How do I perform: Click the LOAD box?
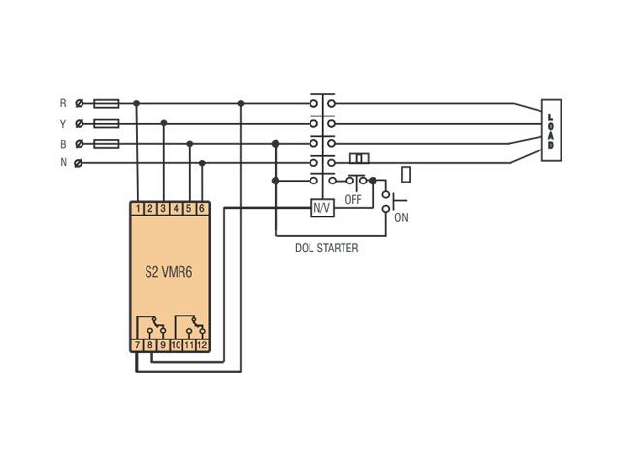pos(551,130)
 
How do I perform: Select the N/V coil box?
pos(322,208)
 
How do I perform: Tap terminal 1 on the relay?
pos(138,209)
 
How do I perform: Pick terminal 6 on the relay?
pos(202,209)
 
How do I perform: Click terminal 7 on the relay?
pos(137,345)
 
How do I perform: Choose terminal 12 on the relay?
pos(202,345)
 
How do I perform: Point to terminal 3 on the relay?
pos(163,209)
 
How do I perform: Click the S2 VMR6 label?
pos(169,272)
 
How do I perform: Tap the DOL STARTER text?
pos(327,249)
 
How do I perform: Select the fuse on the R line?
pos(107,104)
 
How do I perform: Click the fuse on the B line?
pos(107,143)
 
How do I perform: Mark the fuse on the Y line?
pos(107,123)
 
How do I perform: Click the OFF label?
pos(353,199)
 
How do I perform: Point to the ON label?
pos(401,217)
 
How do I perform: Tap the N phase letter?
pos(63,162)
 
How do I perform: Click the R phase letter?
pos(63,103)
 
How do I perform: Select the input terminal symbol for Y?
pos(80,123)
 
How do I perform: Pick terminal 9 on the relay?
pos(163,345)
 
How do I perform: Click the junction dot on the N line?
pos(202,163)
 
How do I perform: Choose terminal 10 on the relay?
pos(177,345)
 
